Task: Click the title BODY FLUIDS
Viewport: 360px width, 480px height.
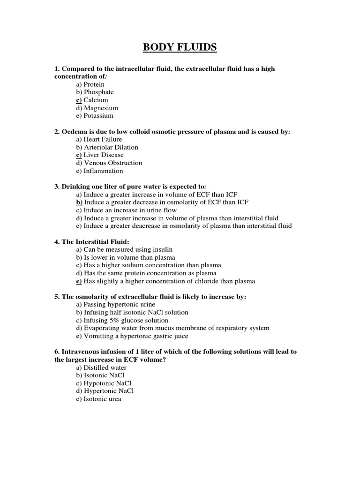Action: [180, 48]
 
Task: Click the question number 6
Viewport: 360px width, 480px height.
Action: [57, 352]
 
